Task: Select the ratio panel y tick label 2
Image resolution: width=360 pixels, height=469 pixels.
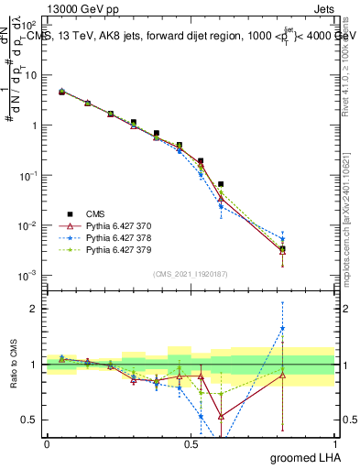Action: (35, 309)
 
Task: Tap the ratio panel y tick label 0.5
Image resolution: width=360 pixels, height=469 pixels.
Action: (31, 420)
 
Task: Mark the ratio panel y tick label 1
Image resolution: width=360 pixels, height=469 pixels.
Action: (35, 365)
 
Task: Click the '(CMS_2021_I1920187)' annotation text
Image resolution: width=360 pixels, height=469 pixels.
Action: (190, 274)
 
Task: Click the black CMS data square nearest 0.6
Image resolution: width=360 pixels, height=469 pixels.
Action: (221, 184)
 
